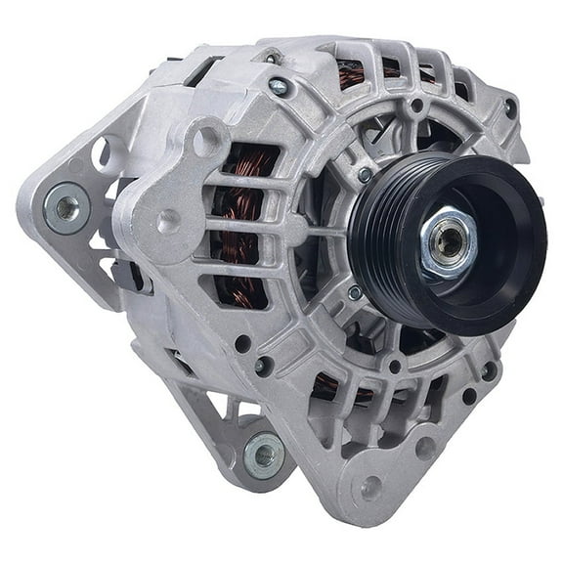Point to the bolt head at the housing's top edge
click(280, 86)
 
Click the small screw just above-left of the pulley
click(365, 175)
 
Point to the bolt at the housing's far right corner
click(509, 108)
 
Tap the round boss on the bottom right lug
click(371, 490)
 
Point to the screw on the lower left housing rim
click(262, 367)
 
